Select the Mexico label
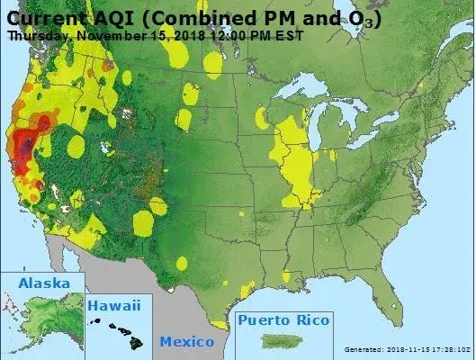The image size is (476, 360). pos(187,341)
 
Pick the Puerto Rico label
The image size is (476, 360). pos(284,319)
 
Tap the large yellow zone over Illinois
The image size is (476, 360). pos(295,162)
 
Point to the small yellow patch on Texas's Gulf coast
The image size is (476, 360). pos(246,290)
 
